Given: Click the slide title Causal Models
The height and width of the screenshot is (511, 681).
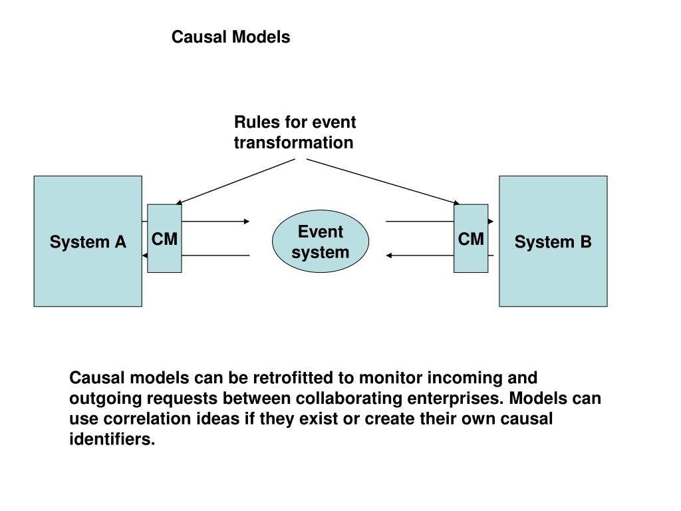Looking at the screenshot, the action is point(231,37).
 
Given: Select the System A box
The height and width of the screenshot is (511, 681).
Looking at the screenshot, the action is point(88,241).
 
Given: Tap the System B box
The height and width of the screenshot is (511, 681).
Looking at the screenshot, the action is point(553,241).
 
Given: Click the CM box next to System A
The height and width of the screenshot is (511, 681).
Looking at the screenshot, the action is point(164,239).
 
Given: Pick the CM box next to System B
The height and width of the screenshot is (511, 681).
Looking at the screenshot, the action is point(471,239).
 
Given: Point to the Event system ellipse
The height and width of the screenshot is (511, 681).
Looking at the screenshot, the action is point(321,242).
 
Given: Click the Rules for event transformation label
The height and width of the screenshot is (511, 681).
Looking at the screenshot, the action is point(295,132).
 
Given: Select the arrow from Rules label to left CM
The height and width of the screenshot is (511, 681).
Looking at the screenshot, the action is point(235,182).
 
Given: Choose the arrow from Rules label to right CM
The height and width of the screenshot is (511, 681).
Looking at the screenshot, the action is point(383,181).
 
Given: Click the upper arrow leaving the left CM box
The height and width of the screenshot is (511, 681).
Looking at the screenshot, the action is point(216,222).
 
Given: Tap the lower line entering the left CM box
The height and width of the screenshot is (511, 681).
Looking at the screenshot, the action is point(216,255).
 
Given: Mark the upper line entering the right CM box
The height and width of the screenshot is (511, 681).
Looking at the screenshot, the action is point(420,222).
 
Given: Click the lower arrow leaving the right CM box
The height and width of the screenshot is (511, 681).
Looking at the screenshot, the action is point(420,255).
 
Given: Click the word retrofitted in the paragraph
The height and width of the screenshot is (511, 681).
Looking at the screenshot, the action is point(293,378).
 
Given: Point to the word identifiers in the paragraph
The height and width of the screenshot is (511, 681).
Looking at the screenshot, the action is point(112,439).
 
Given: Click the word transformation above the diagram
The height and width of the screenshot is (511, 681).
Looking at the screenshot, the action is point(293,142).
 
